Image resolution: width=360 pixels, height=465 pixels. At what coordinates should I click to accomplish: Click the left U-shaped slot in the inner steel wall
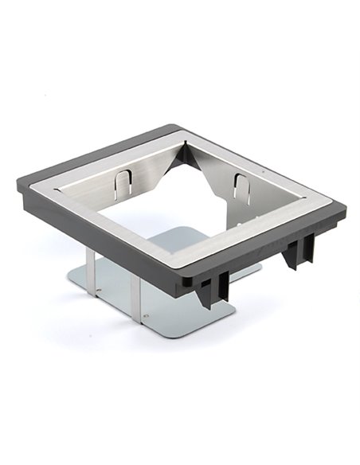(x=119, y=184)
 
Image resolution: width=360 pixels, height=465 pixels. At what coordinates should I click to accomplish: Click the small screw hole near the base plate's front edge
(x=149, y=318)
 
